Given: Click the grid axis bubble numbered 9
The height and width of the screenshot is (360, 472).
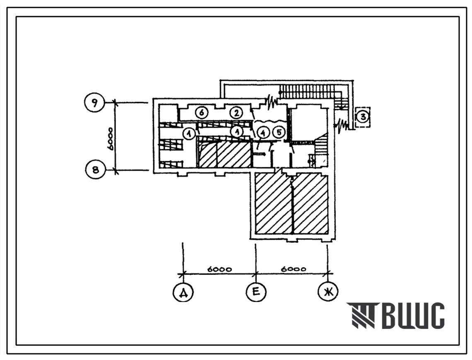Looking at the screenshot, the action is (x=94, y=103).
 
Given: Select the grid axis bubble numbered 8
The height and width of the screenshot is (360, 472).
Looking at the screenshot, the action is (x=95, y=170).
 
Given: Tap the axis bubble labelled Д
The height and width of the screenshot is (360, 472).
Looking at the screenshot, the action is (x=183, y=292).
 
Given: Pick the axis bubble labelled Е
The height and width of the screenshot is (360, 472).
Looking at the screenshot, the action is (x=256, y=292).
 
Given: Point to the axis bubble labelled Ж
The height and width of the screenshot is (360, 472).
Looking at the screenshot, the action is (x=328, y=292).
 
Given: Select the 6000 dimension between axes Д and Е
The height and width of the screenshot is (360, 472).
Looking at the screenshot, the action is (x=219, y=269).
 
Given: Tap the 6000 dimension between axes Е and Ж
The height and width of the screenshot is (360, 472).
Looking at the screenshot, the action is (x=293, y=269).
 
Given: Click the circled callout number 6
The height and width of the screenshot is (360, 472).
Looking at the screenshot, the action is (x=201, y=113).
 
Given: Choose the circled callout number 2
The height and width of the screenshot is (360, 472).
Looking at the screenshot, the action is (x=236, y=113).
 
